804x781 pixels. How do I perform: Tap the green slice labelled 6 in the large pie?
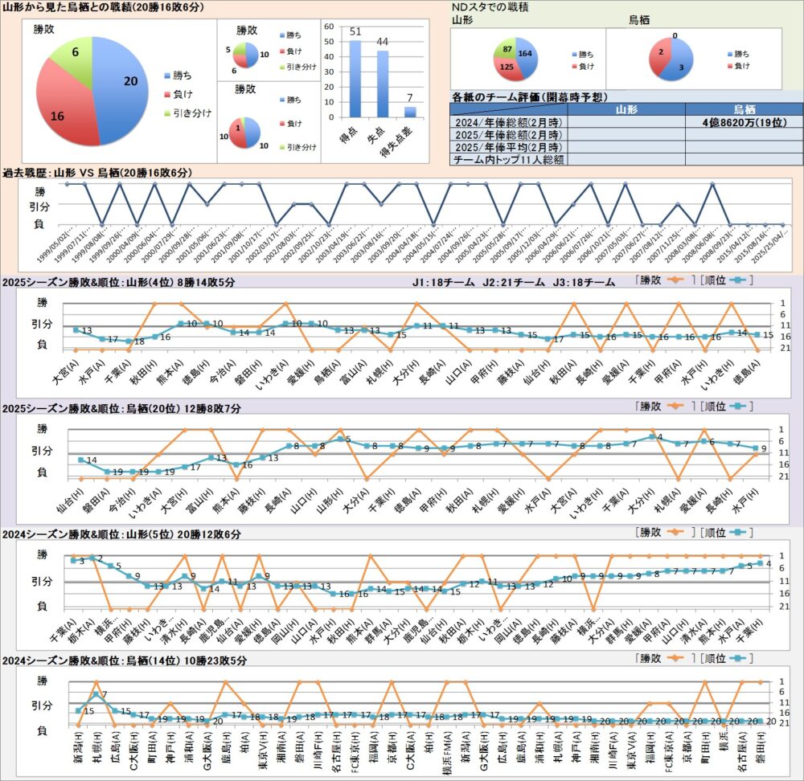(x=72, y=56)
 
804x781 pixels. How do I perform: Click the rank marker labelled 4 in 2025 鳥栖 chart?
(x=652, y=437)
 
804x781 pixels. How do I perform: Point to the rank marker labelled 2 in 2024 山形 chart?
(x=92, y=558)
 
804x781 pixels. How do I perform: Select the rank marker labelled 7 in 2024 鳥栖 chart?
(x=96, y=694)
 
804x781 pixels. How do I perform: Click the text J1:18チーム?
(x=441, y=282)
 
